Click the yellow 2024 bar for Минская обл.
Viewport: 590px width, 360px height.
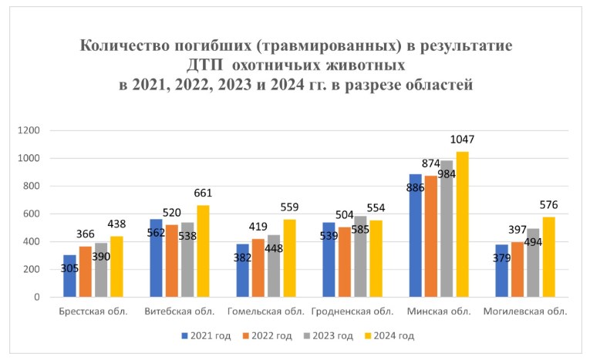pyautogui.click(x=462, y=224)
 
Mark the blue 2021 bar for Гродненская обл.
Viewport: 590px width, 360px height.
pyautogui.click(x=329, y=259)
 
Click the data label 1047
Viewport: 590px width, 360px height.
pyautogui.click(x=463, y=140)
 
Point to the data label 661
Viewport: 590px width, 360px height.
pyautogui.click(x=204, y=193)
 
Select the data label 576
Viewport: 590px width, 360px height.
pyautogui.click(x=548, y=205)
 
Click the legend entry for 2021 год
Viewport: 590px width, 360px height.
pyautogui.click(x=206, y=335)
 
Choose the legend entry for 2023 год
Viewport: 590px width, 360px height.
pyautogui.click(x=326, y=335)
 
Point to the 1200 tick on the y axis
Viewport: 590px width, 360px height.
pyautogui.click(x=29, y=131)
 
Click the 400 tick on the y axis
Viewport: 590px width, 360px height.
pyautogui.click(x=31, y=241)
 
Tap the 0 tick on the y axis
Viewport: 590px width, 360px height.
pyautogui.click(x=36, y=297)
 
